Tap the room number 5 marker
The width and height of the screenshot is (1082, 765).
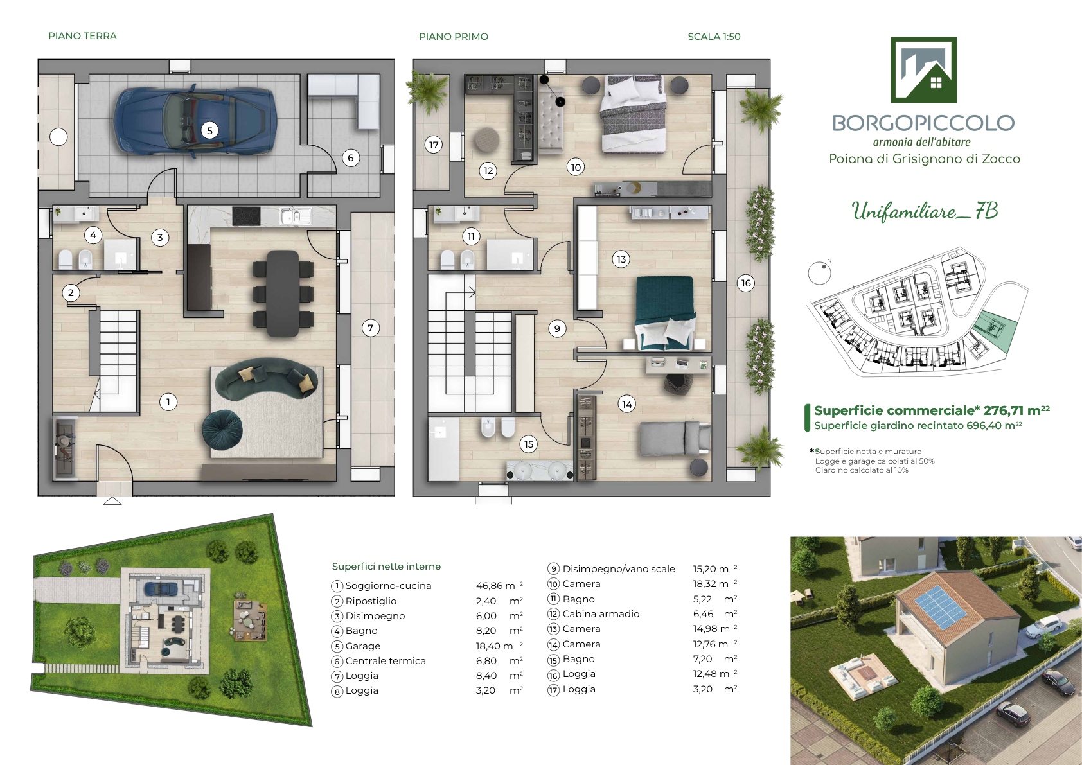tap(209, 130)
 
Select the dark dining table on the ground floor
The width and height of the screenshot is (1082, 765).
tap(283, 293)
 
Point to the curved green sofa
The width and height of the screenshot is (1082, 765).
tap(265, 378)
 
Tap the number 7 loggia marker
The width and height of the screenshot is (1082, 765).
tap(371, 328)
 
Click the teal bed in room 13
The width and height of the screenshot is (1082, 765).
tap(666, 313)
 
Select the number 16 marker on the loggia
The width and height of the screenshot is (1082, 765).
tap(747, 283)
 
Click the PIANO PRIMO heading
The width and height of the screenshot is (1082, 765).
tap(454, 36)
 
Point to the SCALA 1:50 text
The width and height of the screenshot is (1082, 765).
tap(714, 36)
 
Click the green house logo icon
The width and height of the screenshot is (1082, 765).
tap(923, 69)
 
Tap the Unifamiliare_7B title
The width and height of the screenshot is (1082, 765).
tap(925, 211)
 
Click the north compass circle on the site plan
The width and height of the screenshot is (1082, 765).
tap(819, 274)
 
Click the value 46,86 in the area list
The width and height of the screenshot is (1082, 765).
tap(489, 586)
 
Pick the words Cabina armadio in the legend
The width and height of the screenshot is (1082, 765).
tap(601, 614)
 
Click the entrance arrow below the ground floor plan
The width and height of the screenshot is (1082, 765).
tap(112, 501)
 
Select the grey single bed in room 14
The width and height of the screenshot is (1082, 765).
tap(675, 438)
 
